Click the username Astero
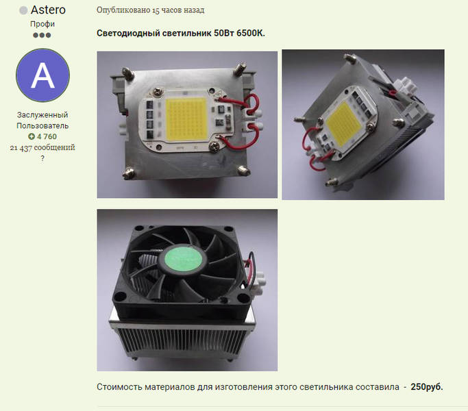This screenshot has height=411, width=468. (48, 10)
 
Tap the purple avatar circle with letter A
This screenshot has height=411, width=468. (42, 75)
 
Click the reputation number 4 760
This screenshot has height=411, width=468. (47, 136)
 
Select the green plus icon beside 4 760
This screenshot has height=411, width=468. (32, 136)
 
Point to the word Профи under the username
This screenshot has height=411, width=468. (42, 24)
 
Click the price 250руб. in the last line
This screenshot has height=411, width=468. (427, 387)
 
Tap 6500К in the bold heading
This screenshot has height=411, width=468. (250, 33)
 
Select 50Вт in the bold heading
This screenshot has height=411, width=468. (224, 33)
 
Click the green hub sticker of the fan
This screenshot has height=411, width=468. (182, 259)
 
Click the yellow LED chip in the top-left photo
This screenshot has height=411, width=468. (186, 119)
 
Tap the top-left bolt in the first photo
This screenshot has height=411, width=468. (128, 73)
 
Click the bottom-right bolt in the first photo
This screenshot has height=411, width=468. (244, 171)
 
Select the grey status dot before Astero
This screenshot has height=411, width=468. (23, 10)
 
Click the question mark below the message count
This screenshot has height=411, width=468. (42, 158)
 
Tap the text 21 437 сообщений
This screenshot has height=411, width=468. (42, 147)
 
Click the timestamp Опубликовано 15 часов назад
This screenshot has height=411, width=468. (151, 10)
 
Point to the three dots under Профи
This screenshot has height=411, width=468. (42, 35)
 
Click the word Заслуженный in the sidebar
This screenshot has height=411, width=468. (42, 115)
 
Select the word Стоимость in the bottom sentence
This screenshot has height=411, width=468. (119, 387)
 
